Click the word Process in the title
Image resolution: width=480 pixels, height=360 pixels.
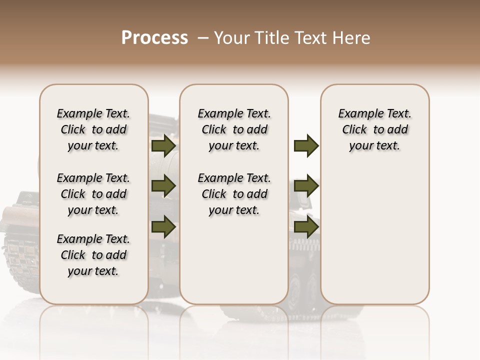[154, 37]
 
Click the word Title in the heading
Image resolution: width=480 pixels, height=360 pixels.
[270, 38]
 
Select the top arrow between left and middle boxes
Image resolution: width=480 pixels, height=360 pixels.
[163, 145]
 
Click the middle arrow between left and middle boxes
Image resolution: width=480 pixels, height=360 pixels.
[163, 186]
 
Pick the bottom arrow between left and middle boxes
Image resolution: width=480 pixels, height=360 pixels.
[163, 226]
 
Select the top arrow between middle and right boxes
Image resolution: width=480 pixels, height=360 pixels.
[306, 145]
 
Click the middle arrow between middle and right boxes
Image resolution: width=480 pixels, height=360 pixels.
[306, 186]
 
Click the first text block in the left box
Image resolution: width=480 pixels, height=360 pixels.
[93, 129]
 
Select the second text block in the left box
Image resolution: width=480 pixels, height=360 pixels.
[93, 194]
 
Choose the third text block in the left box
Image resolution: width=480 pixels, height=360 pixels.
[93, 255]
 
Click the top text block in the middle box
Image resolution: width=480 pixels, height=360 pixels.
[234, 129]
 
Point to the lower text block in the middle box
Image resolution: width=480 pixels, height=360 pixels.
[234, 194]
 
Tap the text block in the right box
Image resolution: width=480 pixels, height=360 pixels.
[374, 129]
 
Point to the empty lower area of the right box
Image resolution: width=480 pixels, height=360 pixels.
[374, 235]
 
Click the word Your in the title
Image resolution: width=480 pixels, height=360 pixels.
[229, 38]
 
